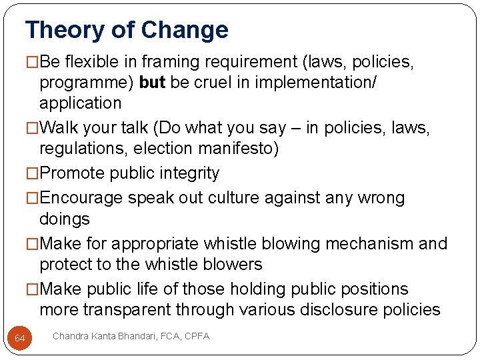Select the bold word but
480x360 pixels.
click(153, 83)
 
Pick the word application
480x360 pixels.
click(80, 103)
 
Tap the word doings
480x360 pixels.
click(64, 219)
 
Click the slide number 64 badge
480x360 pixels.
click(20, 339)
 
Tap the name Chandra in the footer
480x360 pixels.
click(70, 337)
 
